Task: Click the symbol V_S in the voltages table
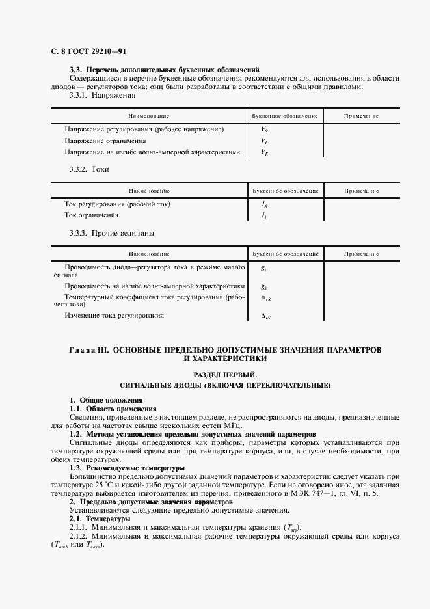coord(264,129)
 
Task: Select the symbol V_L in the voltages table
coord(264,141)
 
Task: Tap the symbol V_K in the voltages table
coord(264,152)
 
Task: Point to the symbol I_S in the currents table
coord(264,204)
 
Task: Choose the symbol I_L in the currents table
coord(264,215)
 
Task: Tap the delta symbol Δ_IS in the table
coord(265,316)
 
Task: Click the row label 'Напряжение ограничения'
coord(105,141)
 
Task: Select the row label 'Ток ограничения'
coord(91,215)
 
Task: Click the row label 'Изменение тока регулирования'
coord(114,315)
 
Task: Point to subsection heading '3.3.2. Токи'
coord(89,170)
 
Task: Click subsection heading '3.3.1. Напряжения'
coord(102,95)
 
